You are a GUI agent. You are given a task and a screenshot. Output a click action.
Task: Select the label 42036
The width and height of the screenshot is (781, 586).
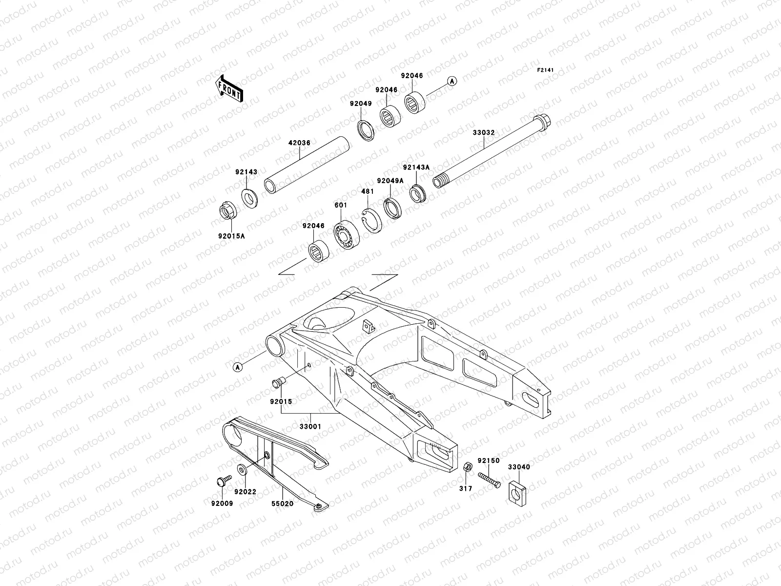(x=299, y=143)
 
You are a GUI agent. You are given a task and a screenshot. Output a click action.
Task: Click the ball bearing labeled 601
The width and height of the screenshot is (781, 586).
(x=347, y=235)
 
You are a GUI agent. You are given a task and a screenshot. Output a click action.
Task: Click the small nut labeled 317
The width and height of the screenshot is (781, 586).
(x=466, y=467)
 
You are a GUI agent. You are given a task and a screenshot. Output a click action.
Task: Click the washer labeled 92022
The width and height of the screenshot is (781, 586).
(x=242, y=470)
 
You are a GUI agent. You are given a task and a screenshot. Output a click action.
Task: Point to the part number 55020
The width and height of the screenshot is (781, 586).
(x=283, y=503)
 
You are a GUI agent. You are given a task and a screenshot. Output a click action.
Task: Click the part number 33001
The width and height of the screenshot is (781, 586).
(x=310, y=426)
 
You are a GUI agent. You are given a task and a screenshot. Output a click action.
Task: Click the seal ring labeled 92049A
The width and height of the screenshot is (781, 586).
(x=393, y=208)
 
